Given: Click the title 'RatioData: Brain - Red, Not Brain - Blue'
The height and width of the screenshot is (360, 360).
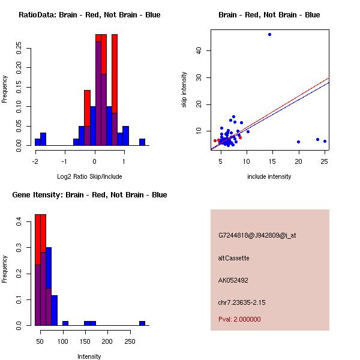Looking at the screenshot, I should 89,15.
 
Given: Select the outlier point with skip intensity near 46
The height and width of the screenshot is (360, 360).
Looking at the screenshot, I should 269,34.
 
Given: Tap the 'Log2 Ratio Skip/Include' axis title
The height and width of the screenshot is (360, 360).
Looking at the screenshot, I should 89,176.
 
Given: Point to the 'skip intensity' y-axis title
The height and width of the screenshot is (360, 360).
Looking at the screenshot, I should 184,90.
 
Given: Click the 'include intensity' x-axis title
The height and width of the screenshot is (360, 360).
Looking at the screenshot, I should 269,176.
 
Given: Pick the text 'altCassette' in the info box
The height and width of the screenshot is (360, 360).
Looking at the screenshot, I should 233,258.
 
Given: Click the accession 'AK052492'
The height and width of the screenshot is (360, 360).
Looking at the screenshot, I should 233,280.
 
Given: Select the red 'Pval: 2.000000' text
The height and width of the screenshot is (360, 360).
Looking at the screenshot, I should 239,319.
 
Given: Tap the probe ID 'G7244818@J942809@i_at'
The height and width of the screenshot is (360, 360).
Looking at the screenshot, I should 257,235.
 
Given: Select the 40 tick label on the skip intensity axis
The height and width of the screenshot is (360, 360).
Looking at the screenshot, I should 199,51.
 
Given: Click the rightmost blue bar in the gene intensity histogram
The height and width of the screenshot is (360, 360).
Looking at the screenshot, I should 142,323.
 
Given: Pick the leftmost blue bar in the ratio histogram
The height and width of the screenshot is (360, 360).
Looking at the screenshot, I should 38,142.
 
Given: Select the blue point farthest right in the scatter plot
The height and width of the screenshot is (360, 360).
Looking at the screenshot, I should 325,142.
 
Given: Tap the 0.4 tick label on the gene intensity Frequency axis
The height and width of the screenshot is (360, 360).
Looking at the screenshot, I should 19,222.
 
